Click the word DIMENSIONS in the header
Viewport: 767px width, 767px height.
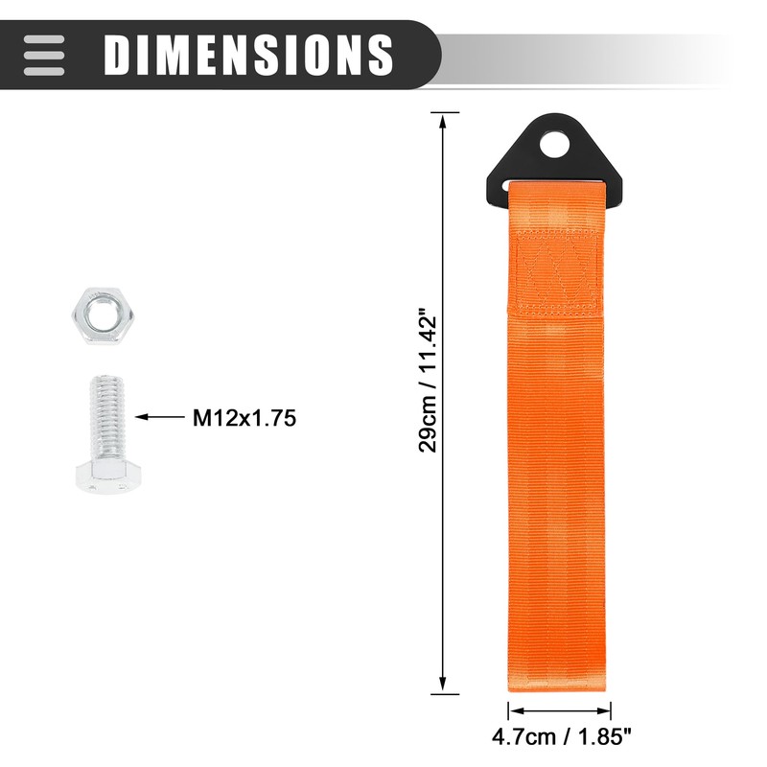[248, 55]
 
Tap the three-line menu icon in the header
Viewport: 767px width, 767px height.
[44, 55]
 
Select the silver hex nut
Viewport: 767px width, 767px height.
[104, 316]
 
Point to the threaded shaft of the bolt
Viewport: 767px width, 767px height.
[106, 417]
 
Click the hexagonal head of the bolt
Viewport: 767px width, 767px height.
[108, 476]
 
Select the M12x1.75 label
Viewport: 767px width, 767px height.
[244, 418]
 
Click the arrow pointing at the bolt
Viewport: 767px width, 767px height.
[160, 417]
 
